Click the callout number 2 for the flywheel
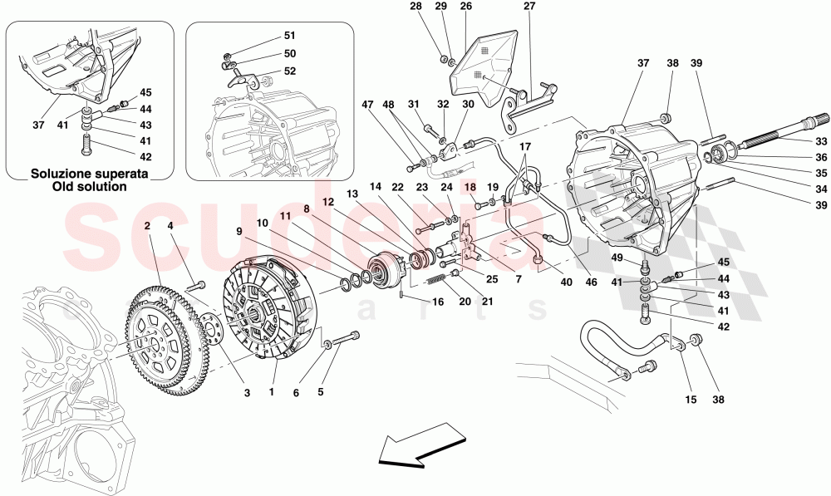(x=146, y=225)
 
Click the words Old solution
(x=91, y=187)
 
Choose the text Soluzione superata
(x=91, y=174)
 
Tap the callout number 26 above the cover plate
(x=465, y=7)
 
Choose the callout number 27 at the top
(x=529, y=7)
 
